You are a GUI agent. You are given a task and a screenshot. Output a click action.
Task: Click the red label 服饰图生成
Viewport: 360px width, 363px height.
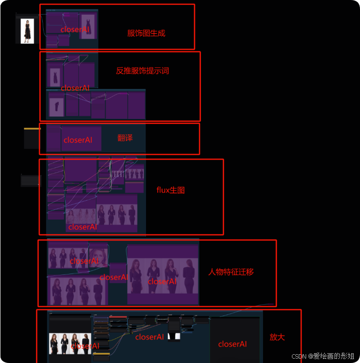[146, 33]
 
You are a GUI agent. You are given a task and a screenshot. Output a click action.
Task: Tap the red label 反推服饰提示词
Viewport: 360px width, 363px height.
[142, 70]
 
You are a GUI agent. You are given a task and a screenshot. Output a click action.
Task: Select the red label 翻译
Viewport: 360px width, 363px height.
[125, 138]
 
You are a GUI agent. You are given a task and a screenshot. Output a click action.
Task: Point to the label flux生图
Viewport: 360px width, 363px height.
[170, 190]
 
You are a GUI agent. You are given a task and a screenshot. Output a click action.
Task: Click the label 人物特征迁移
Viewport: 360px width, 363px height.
[231, 272]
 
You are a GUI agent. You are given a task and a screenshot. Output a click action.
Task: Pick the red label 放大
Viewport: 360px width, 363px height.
[277, 337]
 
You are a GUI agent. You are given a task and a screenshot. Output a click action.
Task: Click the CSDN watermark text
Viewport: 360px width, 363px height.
[323, 356]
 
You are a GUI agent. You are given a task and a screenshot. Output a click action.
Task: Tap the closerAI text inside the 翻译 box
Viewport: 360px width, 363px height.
[77, 140]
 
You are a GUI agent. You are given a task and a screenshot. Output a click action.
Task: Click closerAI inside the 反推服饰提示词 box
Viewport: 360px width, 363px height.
[75, 88]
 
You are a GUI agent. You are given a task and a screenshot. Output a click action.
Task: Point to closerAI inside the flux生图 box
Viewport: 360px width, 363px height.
[82, 227]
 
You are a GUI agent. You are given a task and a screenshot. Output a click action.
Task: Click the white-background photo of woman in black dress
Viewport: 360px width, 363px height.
[27, 30]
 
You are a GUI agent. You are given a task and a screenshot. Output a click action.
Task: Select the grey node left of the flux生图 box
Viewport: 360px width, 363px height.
[30, 181]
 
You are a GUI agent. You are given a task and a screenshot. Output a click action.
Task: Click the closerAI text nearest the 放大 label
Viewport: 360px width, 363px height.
[232, 344]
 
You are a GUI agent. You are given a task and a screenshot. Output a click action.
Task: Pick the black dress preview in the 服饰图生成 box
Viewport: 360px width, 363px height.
[88, 26]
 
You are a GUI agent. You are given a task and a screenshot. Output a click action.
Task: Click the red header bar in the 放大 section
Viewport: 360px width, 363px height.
[118, 317]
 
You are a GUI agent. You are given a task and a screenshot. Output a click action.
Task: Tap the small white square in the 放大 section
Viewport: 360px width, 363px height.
[174, 336]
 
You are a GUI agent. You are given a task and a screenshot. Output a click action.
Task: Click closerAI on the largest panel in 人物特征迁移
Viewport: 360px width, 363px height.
[162, 281]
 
